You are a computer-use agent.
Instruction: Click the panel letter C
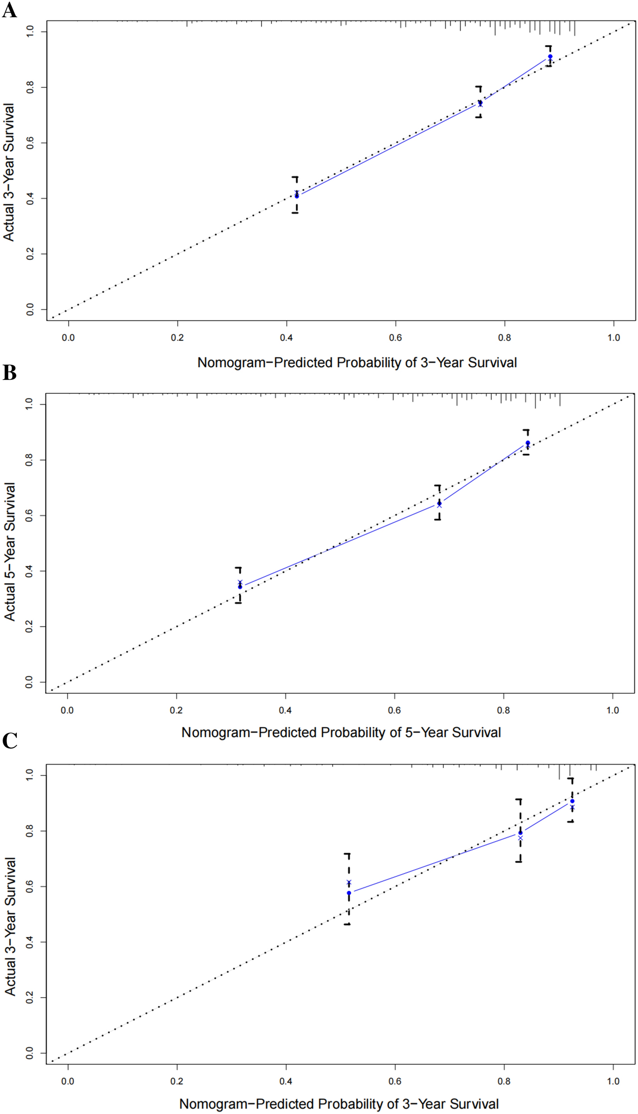(10, 741)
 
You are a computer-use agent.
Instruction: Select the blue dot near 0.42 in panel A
(297, 196)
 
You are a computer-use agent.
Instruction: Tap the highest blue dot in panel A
(550, 57)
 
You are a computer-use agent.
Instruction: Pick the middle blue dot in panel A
(480, 103)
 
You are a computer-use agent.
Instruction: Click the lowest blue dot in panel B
(240, 587)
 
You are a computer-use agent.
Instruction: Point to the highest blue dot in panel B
(528, 443)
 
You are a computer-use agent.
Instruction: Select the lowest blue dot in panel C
(349, 893)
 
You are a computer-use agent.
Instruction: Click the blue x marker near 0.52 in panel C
(349, 882)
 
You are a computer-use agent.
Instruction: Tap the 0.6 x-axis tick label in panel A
(395, 338)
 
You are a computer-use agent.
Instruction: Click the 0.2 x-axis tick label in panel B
(176, 710)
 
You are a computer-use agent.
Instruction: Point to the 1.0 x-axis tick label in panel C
(613, 1081)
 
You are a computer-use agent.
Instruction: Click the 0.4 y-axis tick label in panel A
(30, 198)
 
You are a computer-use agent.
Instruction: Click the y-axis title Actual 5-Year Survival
(10, 551)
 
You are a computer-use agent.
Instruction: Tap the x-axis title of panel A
(357, 363)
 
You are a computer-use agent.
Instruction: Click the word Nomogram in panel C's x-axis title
(214, 1104)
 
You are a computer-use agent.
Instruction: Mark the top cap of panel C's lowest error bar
(347, 854)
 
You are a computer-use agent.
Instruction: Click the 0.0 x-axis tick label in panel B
(67, 710)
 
